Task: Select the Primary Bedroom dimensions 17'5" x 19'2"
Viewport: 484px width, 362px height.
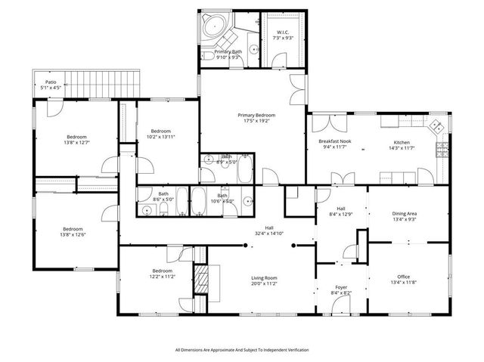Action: (259, 121)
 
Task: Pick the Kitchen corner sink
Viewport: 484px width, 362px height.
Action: (438, 128)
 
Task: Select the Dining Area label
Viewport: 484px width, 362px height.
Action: (404, 214)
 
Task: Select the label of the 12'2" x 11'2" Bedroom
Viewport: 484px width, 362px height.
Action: (163, 271)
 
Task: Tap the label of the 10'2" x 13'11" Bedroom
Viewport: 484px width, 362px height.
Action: (160, 131)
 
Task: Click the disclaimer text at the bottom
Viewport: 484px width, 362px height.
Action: (242, 350)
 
